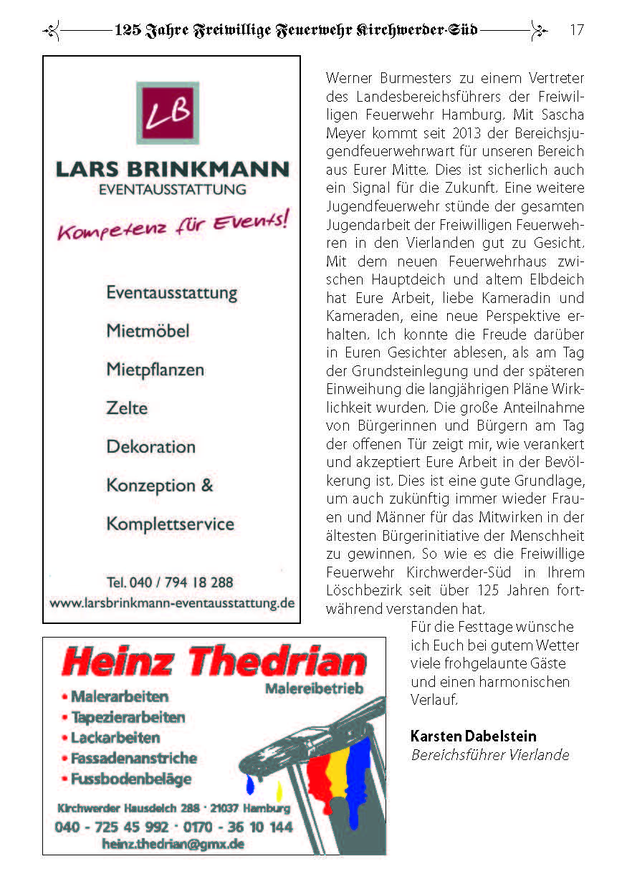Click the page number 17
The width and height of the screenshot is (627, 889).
tap(576, 30)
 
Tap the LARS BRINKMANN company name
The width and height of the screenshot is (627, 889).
tap(172, 170)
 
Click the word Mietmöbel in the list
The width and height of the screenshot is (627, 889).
tap(148, 331)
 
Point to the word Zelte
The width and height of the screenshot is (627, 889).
tap(127, 408)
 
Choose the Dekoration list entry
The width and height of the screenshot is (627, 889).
tap(150, 446)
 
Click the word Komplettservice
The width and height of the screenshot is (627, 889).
tap(170, 524)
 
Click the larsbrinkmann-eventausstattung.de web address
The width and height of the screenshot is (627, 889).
tap(172, 603)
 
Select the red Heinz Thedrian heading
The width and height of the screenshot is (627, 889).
tap(214, 663)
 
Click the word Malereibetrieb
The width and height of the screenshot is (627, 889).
tap(314, 689)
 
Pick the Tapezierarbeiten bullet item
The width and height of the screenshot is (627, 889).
tap(128, 717)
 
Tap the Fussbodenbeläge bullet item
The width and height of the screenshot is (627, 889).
tap(131, 779)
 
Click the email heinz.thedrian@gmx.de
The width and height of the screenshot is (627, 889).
tap(173, 844)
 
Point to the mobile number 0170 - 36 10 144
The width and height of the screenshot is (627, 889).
tap(238, 827)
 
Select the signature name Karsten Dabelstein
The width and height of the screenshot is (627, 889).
tap(473, 736)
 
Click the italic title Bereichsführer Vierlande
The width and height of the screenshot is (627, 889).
tap(490, 755)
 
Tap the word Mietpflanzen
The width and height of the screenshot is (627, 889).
tap(155, 370)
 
